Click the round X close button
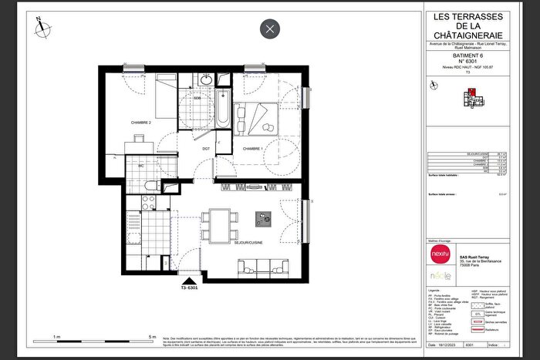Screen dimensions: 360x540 coord(269,30)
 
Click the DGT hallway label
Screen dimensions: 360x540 coord(206,148)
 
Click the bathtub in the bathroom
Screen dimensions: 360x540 coord(222,110)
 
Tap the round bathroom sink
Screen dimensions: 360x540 coord(206,81)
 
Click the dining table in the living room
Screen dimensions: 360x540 coord(221,226)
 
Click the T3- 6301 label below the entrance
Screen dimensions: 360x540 coord(190,289)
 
